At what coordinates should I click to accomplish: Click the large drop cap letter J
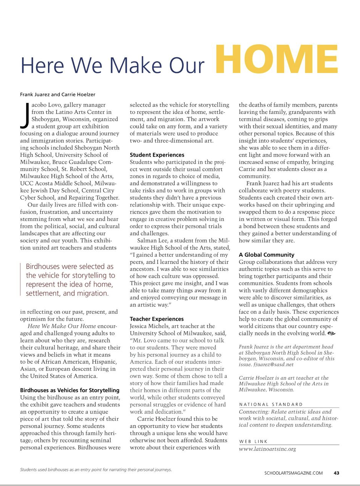pyautogui.click(x=24, y=115)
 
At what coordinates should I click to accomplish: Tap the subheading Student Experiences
pyautogui.click(x=157, y=155)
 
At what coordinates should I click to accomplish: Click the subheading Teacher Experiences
pyautogui.click(x=157, y=319)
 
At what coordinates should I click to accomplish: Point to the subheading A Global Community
pyautogui.click(x=266, y=255)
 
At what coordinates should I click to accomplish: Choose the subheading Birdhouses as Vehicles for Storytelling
pyautogui.click(x=70, y=390)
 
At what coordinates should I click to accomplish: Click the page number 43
pyautogui.click(x=336, y=473)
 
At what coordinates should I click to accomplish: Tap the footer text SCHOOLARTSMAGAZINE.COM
pyautogui.click(x=293, y=473)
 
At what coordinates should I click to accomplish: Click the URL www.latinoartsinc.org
pyautogui.click(x=267, y=449)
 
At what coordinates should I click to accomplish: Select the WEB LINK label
pyautogui.click(x=253, y=441)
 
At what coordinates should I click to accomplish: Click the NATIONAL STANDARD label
pyautogui.click(x=271, y=404)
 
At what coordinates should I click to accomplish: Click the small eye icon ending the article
pyautogui.click(x=331, y=333)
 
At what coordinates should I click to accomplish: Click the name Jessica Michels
pyautogui.click(x=154, y=326)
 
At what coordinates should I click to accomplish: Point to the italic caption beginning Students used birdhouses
pyautogui.click(x=96, y=470)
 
